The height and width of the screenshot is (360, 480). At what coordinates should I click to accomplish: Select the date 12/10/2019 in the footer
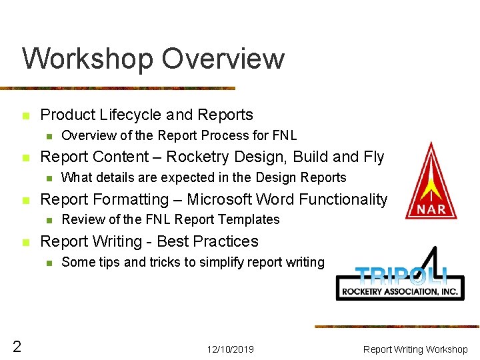point(230,349)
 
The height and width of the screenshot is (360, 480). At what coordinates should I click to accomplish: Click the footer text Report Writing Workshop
point(415,349)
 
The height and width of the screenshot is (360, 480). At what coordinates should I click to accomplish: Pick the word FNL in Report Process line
point(285,135)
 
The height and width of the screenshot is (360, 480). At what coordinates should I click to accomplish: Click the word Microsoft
point(219,199)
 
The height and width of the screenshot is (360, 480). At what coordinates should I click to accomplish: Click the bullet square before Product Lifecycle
point(25,116)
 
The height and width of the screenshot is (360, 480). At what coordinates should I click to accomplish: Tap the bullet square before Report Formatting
point(25,200)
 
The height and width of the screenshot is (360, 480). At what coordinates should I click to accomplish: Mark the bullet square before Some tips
point(48,263)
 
